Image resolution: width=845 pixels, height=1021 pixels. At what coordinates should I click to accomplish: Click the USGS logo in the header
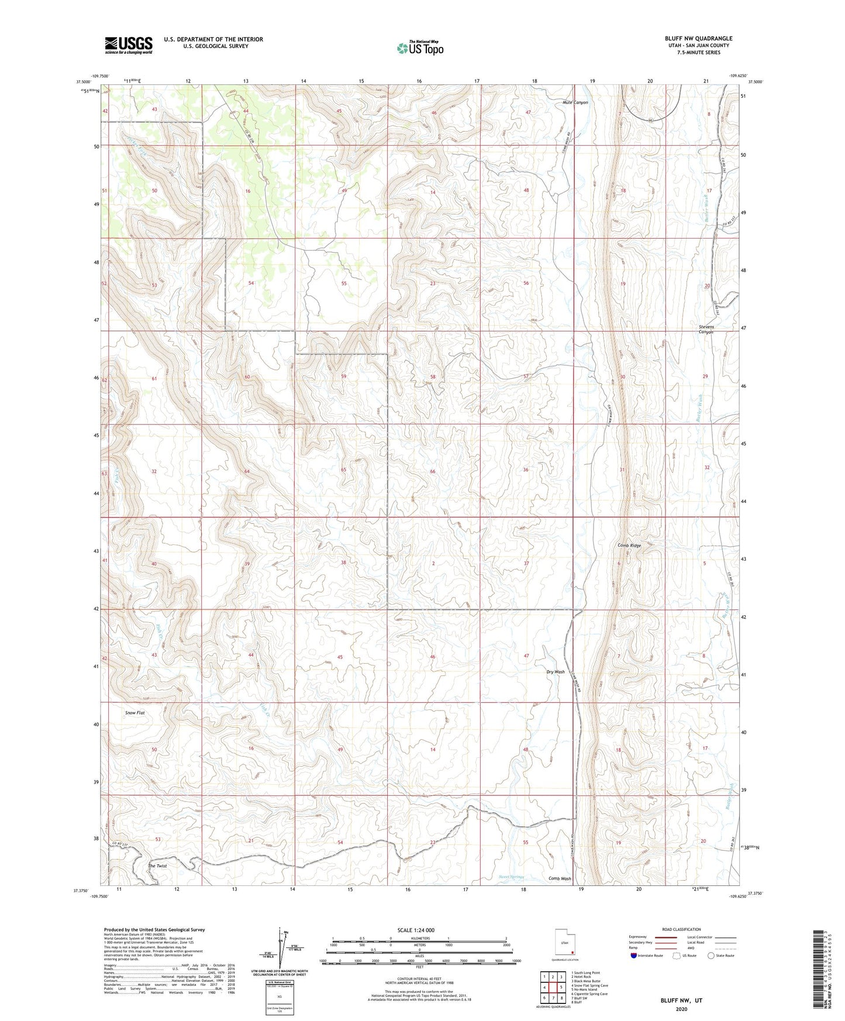[129, 45]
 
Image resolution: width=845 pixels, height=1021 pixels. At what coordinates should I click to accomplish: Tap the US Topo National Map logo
[420, 48]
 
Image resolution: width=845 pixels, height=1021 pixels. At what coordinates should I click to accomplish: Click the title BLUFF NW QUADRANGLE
[698, 39]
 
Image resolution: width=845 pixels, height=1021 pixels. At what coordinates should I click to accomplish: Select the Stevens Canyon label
[706, 329]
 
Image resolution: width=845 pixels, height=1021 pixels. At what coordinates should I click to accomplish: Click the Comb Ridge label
[629, 546]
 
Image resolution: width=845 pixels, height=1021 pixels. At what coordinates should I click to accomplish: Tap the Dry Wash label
[555, 672]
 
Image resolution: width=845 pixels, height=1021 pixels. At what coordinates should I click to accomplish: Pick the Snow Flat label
[135, 713]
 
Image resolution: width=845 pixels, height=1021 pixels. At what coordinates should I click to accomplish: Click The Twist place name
[157, 866]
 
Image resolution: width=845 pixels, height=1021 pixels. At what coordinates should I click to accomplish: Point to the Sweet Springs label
[512, 877]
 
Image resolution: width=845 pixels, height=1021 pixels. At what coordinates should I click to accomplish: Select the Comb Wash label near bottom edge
[560, 878]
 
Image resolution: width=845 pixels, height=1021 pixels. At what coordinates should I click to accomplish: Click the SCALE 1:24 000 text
[416, 930]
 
